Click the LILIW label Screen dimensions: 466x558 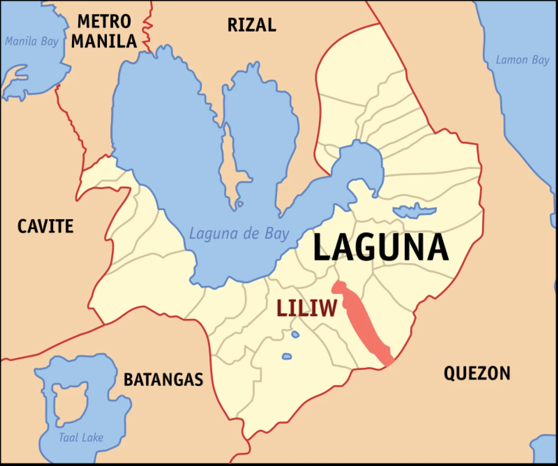pos(306,308)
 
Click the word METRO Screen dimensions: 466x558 pos(104,21)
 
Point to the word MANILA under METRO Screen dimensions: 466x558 pos(104,41)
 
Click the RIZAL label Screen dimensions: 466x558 pos(252,25)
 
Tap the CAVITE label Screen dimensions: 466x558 pos(45,226)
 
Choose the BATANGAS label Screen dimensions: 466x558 pos(163,379)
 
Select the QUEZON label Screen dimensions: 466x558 pos(477,373)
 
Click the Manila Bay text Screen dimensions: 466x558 pos(32,41)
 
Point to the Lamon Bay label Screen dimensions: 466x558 pos(522,60)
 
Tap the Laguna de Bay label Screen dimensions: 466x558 pos(239,233)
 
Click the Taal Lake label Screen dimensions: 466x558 pos(81,438)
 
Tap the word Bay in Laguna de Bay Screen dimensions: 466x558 pos(277,233)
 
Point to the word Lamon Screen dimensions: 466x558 pos(511,60)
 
